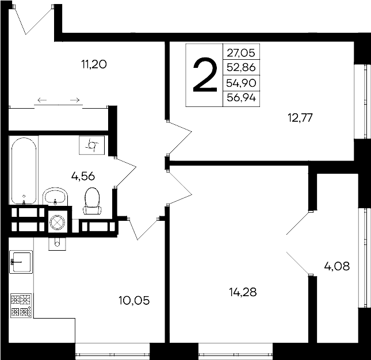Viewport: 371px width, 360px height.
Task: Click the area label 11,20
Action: [95, 64]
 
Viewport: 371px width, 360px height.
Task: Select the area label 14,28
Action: [242, 292]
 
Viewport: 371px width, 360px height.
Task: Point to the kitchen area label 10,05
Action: [134, 300]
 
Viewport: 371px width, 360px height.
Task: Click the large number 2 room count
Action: [204, 75]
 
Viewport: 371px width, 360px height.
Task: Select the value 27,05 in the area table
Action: [241, 52]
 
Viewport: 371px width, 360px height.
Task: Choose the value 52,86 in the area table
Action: [241, 67]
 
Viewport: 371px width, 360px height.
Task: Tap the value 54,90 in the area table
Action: [241, 83]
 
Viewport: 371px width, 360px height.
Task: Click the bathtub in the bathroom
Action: [24, 170]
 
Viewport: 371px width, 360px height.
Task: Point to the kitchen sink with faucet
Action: [21, 262]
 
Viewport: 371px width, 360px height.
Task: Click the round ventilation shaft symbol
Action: [57, 221]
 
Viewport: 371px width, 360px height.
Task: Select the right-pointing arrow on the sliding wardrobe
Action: [74, 101]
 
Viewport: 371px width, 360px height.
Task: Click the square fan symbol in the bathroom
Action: [92, 145]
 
